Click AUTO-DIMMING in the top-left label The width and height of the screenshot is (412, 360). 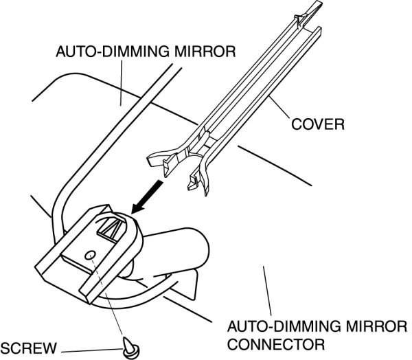[x=105, y=52]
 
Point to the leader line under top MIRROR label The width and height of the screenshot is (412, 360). [x=120, y=82]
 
